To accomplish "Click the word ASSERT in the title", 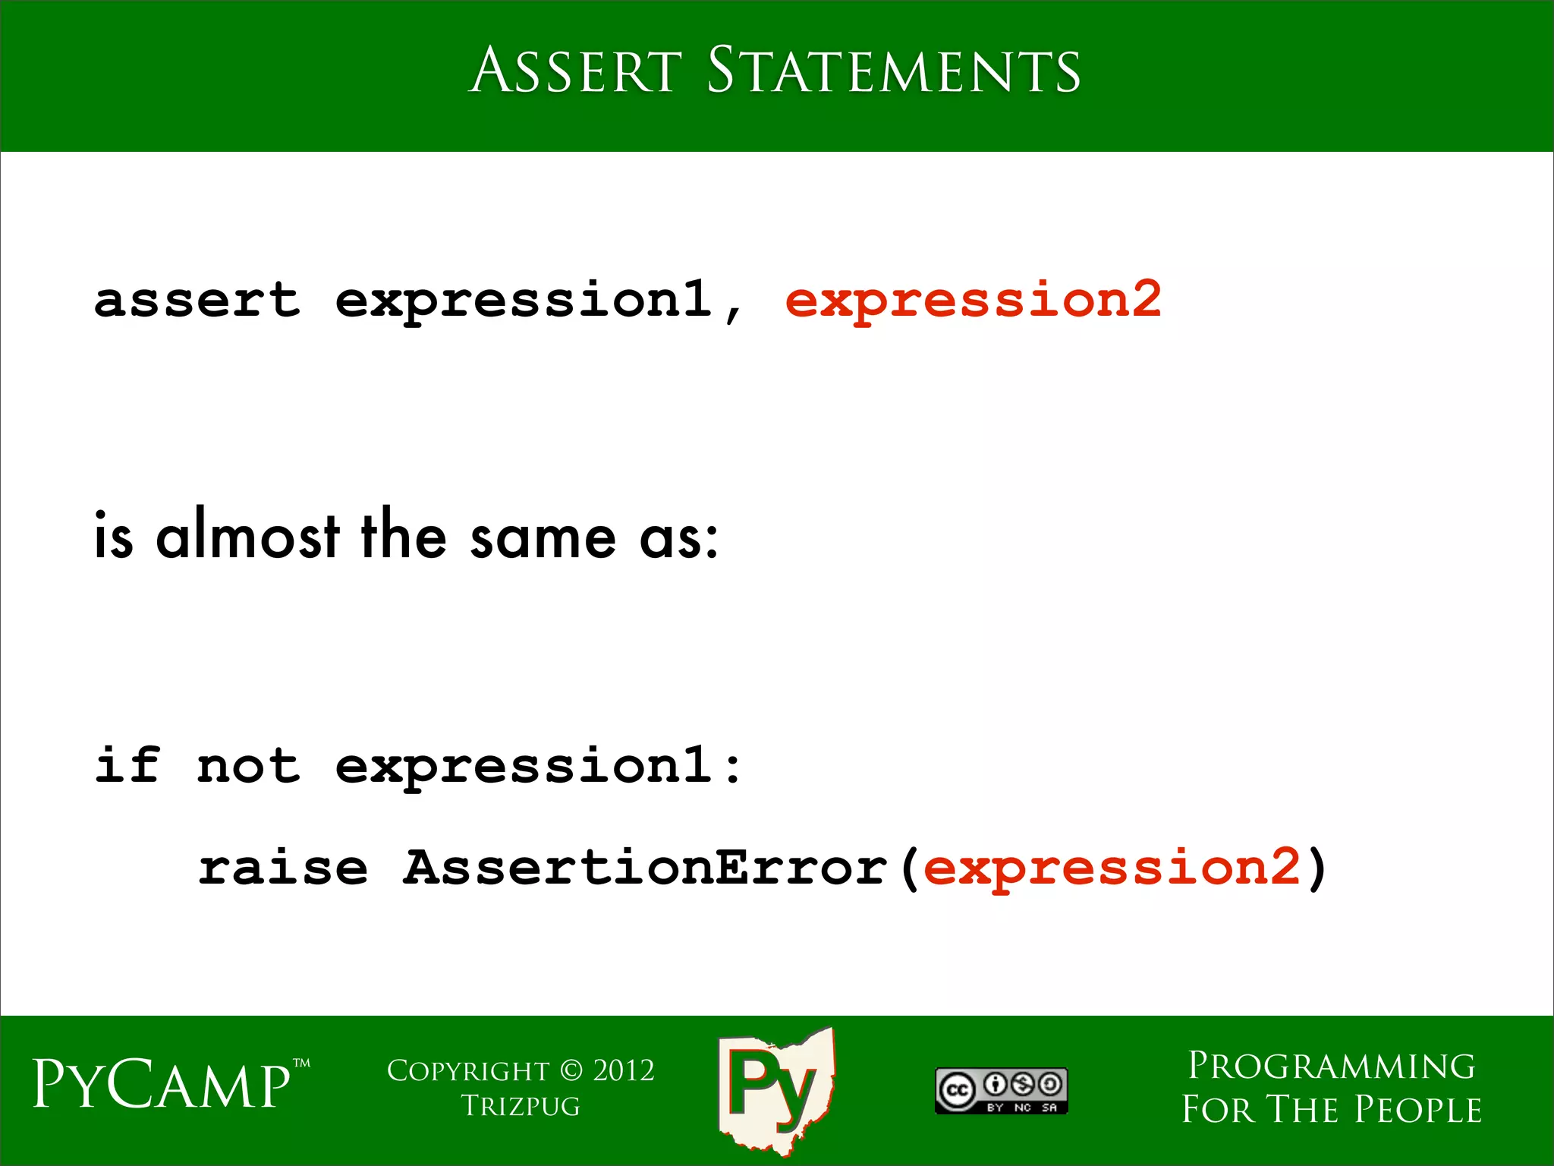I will pos(576,70).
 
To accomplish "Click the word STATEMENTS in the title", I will pos(893,70).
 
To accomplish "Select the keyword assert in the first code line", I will pos(197,299).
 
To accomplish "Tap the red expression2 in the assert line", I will pos(973,299).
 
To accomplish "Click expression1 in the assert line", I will pos(523,299).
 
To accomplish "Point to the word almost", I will pos(247,535).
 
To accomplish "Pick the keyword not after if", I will pos(248,764).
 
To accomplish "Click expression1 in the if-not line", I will pos(523,764).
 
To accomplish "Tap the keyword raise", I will pos(282,867).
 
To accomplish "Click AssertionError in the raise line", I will pos(644,867).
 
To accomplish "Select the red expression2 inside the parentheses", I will pos(1112,867).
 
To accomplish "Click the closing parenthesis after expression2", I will pos(1317,868).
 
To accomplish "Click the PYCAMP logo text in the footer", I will pos(162,1084).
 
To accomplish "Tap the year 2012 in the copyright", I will pos(623,1070).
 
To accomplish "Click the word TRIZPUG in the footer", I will pos(521,1106).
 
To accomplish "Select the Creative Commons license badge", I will pos(1001,1090).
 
